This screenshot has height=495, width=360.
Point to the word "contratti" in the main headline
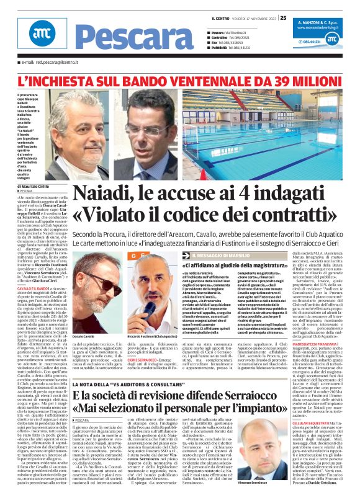point(297,217)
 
